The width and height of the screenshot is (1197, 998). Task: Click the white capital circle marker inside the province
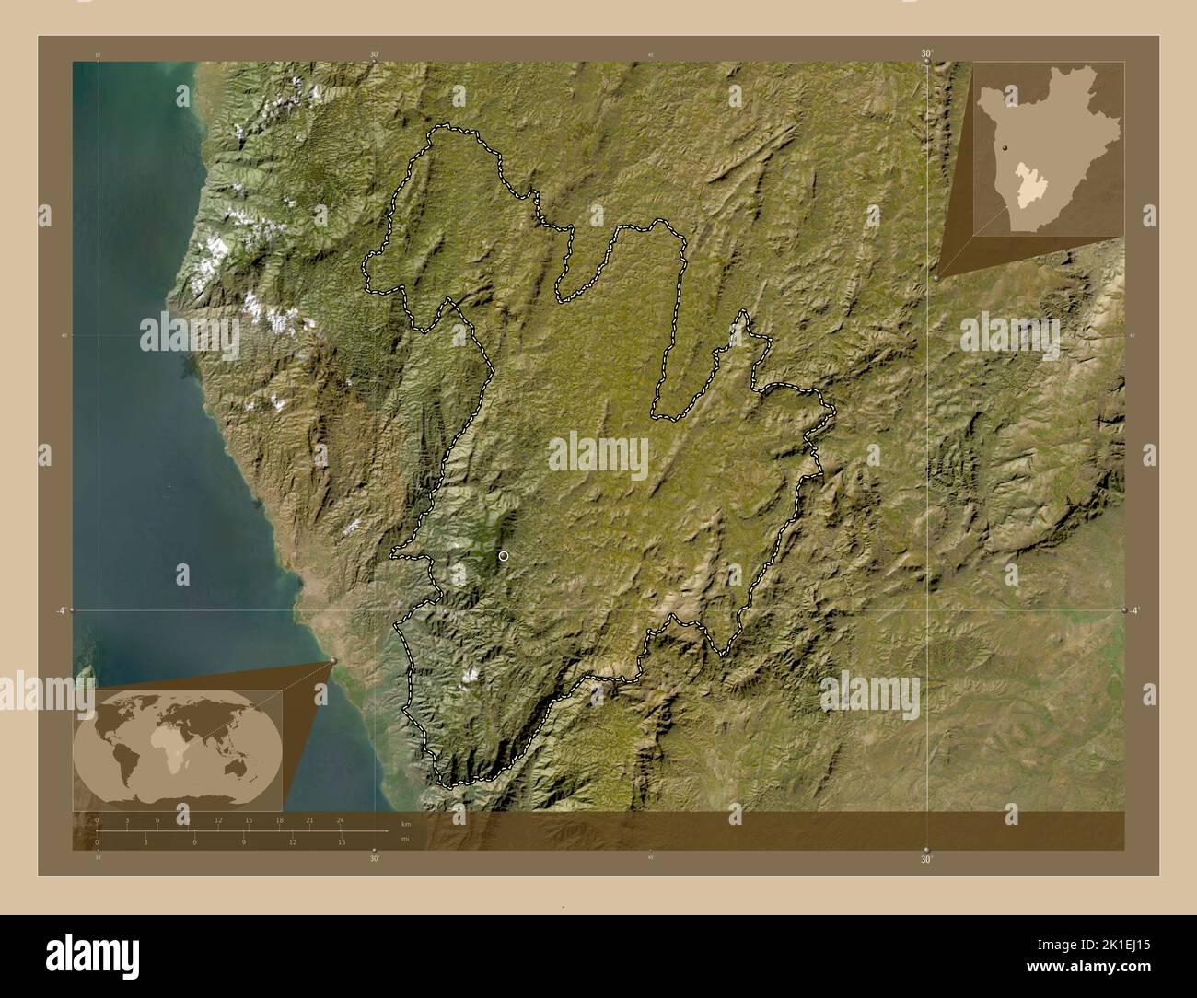click(x=504, y=556)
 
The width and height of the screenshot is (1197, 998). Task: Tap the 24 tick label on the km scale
click(x=340, y=820)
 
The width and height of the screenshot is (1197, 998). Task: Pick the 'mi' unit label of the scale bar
click(x=405, y=839)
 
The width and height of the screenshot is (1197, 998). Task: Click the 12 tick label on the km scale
click(x=218, y=820)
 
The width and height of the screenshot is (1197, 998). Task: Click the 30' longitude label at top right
click(x=926, y=54)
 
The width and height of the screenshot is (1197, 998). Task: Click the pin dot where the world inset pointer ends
click(x=332, y=662)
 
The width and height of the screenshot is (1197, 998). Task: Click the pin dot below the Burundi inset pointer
click(x=936, y=277)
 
